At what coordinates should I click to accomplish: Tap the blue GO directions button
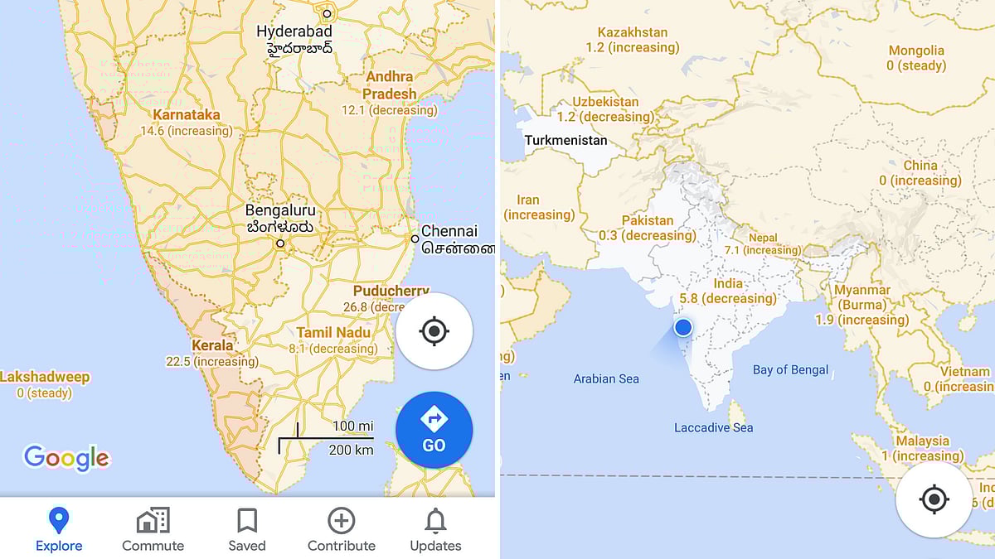[434, 430]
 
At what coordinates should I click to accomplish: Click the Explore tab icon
[59, 521]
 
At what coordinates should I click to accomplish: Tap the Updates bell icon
[435, 521]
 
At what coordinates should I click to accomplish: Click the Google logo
[66, 458]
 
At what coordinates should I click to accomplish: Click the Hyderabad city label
[294, 31]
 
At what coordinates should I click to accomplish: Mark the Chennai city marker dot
[415, 239]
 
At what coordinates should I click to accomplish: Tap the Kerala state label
[212, 345]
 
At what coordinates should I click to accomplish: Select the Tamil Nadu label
[333, 332]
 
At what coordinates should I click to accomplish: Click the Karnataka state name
[187, 115]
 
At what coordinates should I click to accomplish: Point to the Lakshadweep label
[45, 377]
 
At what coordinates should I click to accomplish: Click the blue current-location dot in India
[682, 327]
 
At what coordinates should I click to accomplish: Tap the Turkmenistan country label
[565, 140]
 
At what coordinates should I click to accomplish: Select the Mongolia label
[916, 51]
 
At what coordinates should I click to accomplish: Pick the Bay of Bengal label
[790, 369]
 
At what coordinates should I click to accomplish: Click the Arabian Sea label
[606, 378]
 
